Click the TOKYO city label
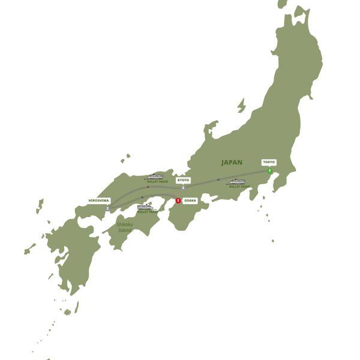click(269, 162)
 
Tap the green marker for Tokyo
click(269, 171)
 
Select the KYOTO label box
click(183, 179)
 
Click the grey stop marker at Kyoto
click(183, 188)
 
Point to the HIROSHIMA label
click(98, 200)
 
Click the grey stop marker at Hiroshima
click(107, 209)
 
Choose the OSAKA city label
click(190, 200)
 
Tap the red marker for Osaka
click(178, 200)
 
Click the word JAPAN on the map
click(232, 162)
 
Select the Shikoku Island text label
click(125, 227)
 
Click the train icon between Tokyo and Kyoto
click(236, 181)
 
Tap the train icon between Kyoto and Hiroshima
click(155, 176)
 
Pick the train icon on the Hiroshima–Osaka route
click(145, 207)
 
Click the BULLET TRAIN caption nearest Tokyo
click(238, 187)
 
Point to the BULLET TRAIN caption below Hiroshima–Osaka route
click(147, 212)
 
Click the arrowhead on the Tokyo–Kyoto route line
click(218, 179)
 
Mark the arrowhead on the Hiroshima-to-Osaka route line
click(143, 197)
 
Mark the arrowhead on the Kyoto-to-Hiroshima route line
click(148, 187)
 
